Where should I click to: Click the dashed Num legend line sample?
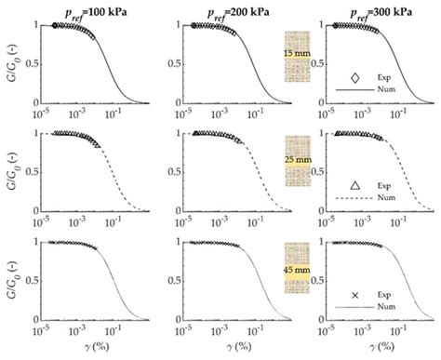354,199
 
